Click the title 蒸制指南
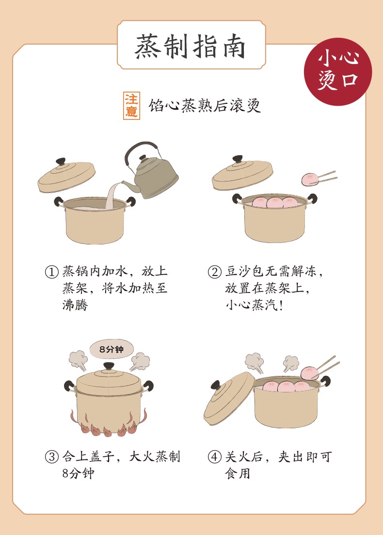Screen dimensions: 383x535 click(191, 47)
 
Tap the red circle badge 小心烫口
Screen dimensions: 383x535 click(337, 72)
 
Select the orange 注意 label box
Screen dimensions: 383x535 click(132, 105)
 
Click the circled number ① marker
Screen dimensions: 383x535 click(52, 272)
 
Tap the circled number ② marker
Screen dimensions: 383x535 click(214, 272)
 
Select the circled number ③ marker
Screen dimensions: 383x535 click(52, 457)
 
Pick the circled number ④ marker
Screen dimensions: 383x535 click(214, 457)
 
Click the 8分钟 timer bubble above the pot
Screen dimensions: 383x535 click(112, 349)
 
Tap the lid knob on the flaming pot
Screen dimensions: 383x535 click(109, 366)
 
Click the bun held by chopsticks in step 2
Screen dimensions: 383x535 click(310, 179)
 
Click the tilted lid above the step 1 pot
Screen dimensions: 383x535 click(66, 176)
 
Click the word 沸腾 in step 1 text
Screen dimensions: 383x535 click(75, 305)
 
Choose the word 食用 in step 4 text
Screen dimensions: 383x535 click(238, 473)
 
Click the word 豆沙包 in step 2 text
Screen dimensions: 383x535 click(245, 272)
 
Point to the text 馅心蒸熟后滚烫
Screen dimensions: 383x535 click(205, 105)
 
